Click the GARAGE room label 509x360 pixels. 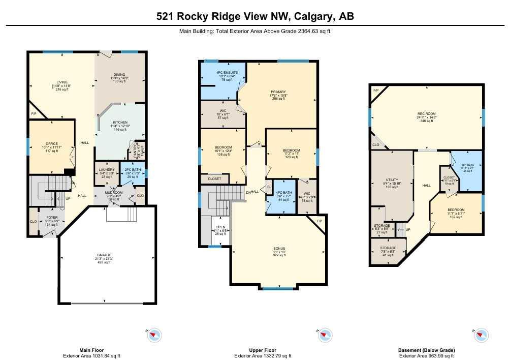tap(104, 255)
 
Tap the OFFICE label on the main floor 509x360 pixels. tap(52, 144)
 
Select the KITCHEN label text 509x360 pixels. tap(120, 123)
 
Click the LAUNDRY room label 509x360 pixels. tap(107, 170)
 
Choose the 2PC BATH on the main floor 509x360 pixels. tap(132, 170)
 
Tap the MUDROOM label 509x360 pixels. tap(114, 193)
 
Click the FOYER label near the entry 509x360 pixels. tap(53, 217)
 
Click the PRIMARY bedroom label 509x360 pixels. tap(278, 92)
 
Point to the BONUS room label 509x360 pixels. tap(279, 248)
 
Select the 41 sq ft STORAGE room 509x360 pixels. tap(389, 248)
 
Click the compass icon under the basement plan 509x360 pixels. tap(480, 335)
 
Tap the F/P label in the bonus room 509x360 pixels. tap(320, 222)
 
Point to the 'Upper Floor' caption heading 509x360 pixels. tap(262, 350)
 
